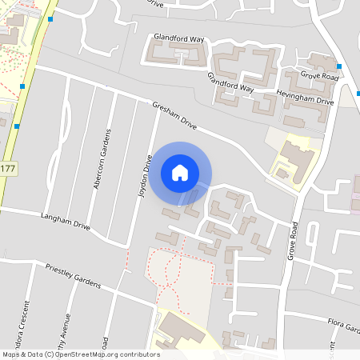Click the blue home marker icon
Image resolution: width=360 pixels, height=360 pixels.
tap(180, 172)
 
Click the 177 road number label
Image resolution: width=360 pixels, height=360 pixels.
tap(7, 169)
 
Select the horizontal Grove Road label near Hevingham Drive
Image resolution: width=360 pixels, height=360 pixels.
tap(320, 76)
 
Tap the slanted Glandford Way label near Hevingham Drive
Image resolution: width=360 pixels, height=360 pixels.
tap(230, 82)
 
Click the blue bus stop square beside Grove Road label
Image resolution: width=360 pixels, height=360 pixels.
tap(339, 66)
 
